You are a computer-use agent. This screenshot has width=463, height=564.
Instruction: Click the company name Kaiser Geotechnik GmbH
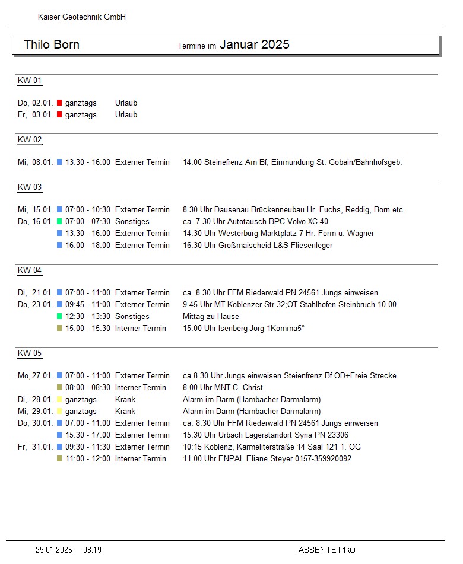(x=82, y=17)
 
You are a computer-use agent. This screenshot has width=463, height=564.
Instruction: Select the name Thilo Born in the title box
(x=52, y=44)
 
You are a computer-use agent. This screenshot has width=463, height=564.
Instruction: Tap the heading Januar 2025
(x=254, y=44)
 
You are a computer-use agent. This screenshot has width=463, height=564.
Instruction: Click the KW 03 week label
(x=30, y=187)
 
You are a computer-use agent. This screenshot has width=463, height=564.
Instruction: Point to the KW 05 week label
(x=30, y=353)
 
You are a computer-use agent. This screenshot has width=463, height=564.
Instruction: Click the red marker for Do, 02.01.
(x=59, y=103)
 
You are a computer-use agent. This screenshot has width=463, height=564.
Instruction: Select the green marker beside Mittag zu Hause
(x=59, y=317)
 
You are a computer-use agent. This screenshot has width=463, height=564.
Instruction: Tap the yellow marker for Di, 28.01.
(x=59, y=400)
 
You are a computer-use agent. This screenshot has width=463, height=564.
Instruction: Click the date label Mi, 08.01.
(x=36, y=162)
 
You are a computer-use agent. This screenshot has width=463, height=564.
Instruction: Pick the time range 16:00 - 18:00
(x=88, y=246)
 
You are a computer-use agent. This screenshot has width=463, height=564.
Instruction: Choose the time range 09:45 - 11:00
(x=88, y=305)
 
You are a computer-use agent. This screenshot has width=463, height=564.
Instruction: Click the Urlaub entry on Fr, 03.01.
(x=126, y=115)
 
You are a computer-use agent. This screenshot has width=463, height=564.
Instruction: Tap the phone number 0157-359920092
(x=323, y=459)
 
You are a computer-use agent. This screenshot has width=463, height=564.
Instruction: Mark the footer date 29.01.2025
(x=54, y=550)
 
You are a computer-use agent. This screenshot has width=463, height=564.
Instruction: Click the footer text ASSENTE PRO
(x=326, y=550)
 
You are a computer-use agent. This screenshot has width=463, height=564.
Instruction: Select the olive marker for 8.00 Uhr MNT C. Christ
(x=59, y=388)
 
